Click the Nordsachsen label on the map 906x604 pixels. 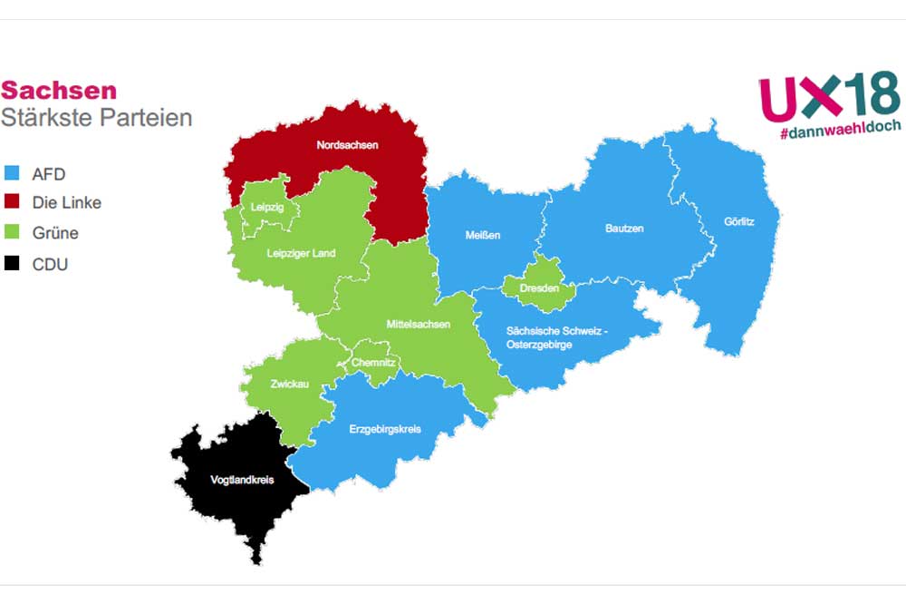click(x=347, y=145)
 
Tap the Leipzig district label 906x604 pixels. click(x=268, y=208)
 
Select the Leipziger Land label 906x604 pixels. click(x=302, y=253)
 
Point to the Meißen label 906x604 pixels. click(x=483, y=236)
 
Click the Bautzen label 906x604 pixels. click(x=624, y=229)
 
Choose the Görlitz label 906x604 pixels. click(x=739, y=221)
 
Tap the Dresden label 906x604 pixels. click(x=539, y=288)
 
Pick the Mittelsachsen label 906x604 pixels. click(x=419, y=324)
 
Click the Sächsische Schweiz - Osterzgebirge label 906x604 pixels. click(x=557, y=337)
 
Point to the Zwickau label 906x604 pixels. click(x=290, y=385)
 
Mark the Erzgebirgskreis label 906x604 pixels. click(x=385, y=429)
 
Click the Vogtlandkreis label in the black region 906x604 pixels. click(x=242, y=480)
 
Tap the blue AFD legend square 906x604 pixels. click(x=12, y=173)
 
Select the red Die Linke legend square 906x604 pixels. click(x=12, y=201)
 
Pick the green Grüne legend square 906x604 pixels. click(x=12, y=232)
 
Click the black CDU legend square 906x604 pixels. click(x=12, y=264)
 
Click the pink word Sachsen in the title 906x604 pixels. click(x=59, y=91)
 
